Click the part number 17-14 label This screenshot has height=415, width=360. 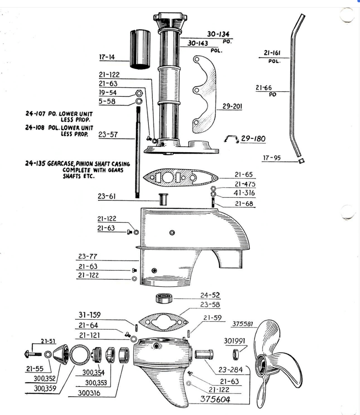[x=107, y=57]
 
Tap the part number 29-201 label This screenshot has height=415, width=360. [x=232, y=106]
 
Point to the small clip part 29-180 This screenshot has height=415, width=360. [x=231, y=139]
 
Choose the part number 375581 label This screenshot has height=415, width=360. [x=242, y=324]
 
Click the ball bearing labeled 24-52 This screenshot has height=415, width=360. [x=164, y=298]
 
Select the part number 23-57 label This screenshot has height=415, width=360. [x=108, y=135]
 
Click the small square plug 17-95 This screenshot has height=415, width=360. [x=301, y=160]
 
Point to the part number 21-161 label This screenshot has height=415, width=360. [x=272, y=53]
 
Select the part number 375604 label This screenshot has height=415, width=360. [x=215, y=399]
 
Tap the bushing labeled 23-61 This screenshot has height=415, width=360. [x=163, y=199]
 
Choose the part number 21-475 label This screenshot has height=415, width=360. [x=245, y=184]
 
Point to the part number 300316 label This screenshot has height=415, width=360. [x=89, y=393]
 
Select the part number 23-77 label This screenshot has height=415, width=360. [x=87, y=257]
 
